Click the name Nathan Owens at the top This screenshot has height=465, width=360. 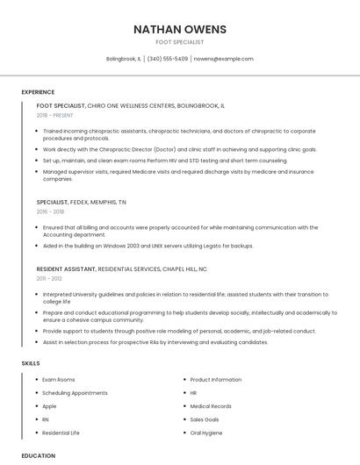(179, 29)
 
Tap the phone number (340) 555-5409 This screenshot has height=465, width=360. (167, 59)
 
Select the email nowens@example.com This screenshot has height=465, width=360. (223, 59)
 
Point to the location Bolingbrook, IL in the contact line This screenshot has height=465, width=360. (123, 59)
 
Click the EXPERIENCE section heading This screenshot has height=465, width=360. (38, 91)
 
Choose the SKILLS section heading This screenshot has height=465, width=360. (30, 362)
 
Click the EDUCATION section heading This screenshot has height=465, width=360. (38, 455)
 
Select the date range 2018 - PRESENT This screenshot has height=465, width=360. (55, 115)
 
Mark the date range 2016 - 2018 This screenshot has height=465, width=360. (50, 211)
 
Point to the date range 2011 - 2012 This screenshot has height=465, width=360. (49, 278)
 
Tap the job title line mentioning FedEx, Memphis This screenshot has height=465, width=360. (81, 202)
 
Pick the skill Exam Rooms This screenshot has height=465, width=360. (59, 379)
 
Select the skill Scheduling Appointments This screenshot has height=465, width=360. (75, 392)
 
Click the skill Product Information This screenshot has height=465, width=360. (215, 379)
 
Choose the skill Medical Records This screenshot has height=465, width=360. (211, 406)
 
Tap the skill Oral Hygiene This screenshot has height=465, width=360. (207, 433)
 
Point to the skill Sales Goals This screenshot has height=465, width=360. (205, 419)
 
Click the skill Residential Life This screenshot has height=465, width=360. (61, 433)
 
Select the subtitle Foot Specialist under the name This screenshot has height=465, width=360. (179, 42)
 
